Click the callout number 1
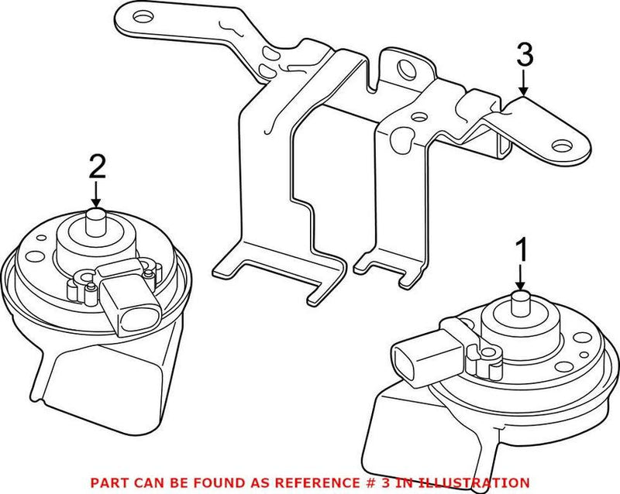[522, 250]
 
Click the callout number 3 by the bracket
[525, 56]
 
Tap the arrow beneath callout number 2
[96, 194]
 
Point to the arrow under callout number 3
[525, 83]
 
